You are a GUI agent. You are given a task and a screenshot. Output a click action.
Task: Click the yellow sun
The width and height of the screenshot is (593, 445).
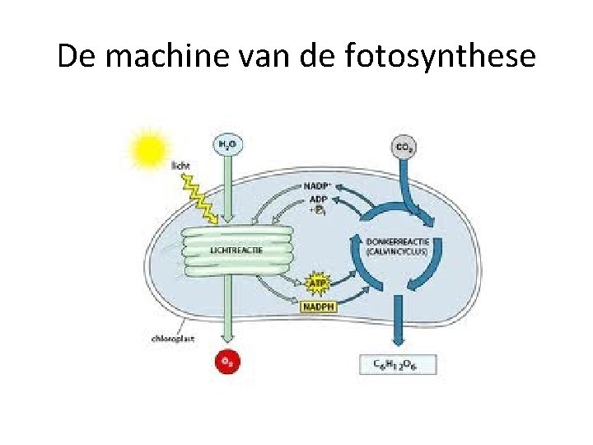[151, 149]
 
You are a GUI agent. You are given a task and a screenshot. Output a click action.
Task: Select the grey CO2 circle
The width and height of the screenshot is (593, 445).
[404, 149]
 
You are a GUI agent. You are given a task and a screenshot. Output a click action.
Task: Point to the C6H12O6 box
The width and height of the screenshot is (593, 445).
[399, 363]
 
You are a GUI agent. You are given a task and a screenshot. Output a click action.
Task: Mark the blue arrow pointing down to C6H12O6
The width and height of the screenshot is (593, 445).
[399, 326]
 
